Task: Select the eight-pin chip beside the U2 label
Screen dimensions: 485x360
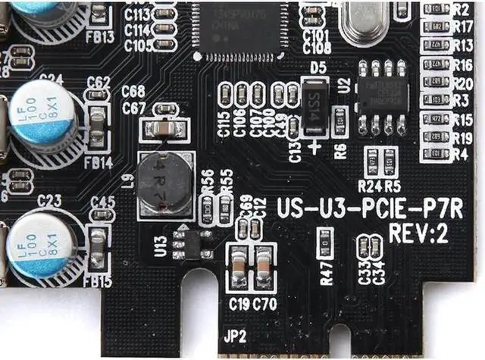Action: coord(382,96)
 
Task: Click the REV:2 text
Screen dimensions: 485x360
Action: coord(418,233)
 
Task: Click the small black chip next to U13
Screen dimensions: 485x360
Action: coord(191,246)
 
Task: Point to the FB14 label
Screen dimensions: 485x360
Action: coord(99,162)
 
